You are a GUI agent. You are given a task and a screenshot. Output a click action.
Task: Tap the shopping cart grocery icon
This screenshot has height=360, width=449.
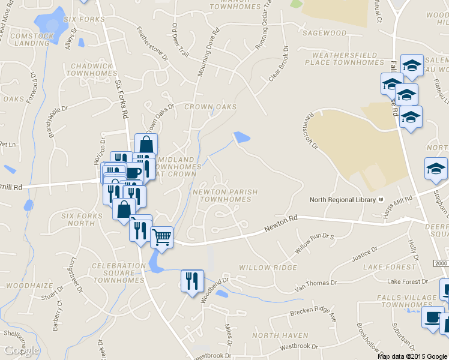(161, 238)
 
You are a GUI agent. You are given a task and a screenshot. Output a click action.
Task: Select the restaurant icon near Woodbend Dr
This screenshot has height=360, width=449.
(192, 281)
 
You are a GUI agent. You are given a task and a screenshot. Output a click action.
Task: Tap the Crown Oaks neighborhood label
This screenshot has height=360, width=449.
(211, 107)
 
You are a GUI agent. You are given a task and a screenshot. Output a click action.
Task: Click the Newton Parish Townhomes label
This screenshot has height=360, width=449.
(225, 196)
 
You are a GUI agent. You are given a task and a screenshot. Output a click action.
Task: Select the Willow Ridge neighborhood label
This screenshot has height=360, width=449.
(268, 267)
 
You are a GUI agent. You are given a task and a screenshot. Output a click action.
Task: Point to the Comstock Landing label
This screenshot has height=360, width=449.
(32, 40)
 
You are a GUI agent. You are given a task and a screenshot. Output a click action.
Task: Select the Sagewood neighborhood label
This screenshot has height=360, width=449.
(325, 33)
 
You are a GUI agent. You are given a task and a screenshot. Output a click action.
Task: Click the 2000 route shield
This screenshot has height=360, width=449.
(440, 264)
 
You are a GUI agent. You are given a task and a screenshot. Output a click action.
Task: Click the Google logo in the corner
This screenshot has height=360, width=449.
(21, 350)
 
